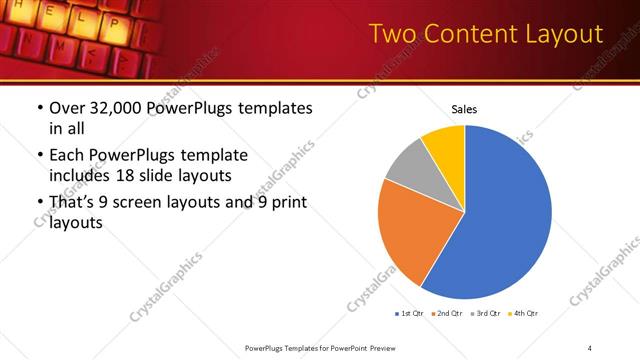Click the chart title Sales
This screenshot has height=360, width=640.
click(464, 109)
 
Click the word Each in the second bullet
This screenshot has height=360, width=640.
click(67, 155)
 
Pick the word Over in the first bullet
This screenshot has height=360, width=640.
click(67, 108)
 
